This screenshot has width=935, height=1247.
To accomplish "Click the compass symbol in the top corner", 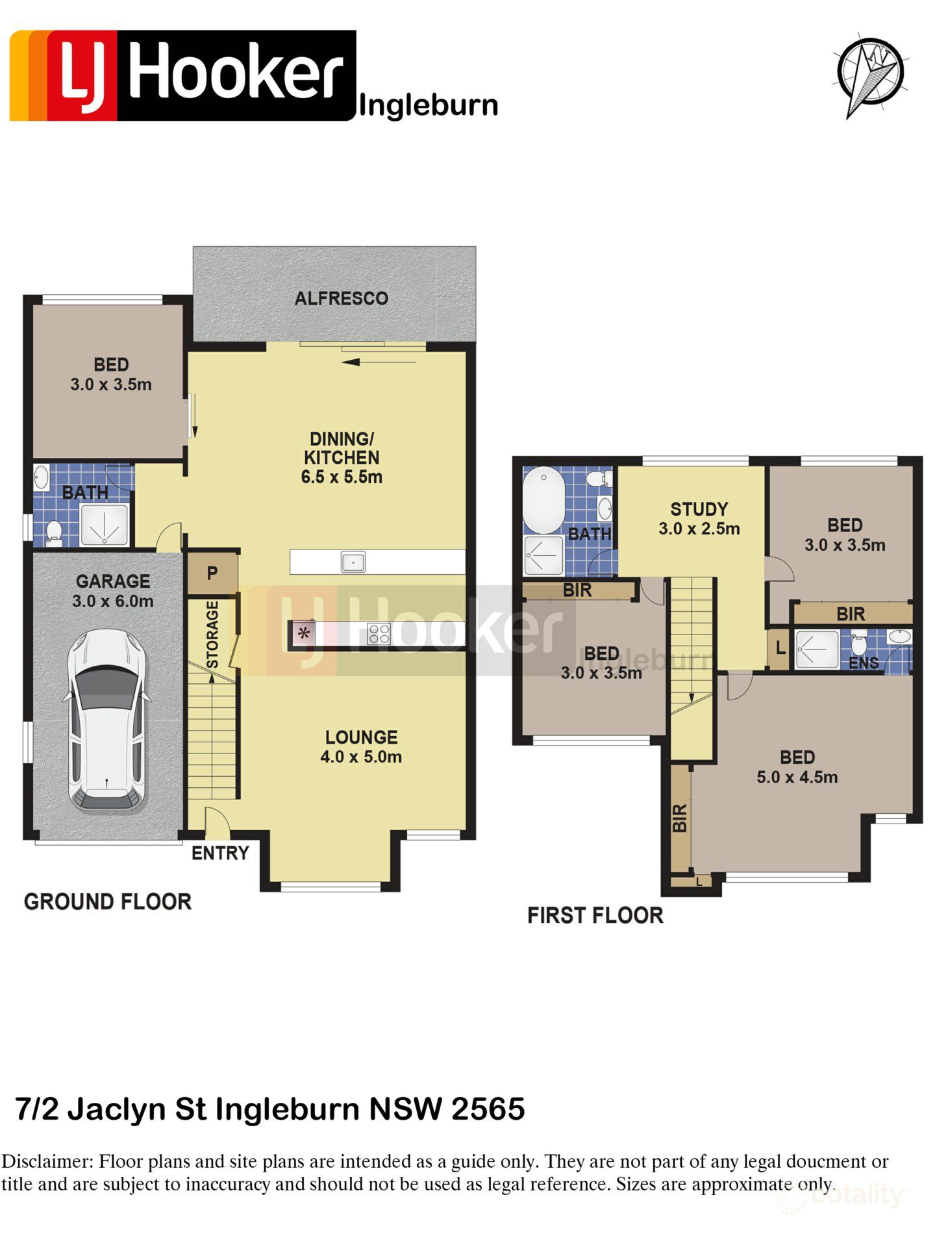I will (870, 73).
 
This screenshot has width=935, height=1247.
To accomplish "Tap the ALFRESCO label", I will (341, 299).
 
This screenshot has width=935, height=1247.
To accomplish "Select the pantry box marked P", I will (212, 573).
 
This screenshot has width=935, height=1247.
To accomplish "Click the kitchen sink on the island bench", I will (353, 562).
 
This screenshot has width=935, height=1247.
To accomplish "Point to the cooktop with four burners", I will (379, 633).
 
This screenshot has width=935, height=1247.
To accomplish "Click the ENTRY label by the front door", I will (220, 853).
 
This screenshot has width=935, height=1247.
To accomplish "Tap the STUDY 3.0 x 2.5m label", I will (699, 519).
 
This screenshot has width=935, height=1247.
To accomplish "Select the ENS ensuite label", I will (864, 662).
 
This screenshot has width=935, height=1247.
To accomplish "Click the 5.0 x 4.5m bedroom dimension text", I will (797, 777).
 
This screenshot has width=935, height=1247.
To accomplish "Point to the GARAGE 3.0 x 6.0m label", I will (113, 591).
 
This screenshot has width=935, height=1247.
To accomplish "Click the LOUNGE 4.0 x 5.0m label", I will (361, 747).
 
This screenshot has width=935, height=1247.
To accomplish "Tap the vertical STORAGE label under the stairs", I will (212, 635).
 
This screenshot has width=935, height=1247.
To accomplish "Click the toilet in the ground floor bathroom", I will (54, 533).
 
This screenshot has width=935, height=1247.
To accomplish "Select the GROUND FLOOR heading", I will (108, 901).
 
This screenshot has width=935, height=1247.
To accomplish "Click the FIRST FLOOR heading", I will (595, 915).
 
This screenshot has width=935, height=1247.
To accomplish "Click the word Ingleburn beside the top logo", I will (428, 105).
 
